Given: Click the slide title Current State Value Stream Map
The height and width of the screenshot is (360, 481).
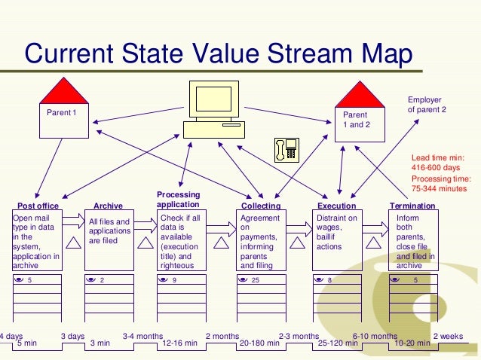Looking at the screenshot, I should tap(219, 53).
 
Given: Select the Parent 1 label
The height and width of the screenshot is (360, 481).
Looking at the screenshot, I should tap(62, 113).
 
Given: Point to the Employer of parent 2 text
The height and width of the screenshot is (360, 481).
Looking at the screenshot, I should tap(427, 105).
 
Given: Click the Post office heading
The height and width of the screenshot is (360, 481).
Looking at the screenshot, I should tap(38, 206).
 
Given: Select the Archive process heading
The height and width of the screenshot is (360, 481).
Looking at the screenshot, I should tap(108, 206).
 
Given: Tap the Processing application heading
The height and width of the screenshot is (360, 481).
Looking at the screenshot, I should tap(178, 200).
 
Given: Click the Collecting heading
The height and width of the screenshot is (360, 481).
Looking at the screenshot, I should tap(261, 206).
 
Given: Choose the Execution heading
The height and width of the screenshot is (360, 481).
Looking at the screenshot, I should tap(337, 206).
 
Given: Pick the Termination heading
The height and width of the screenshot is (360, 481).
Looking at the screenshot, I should tap(412, 206).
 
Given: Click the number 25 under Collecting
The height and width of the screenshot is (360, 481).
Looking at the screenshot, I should tap(256, 280).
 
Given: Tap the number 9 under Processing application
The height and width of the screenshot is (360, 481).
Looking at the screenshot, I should tap(174, 280).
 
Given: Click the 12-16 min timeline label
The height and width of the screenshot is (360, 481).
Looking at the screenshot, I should tap(180, 343).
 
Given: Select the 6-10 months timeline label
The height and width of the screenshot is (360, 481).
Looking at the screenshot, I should tap(375, 336).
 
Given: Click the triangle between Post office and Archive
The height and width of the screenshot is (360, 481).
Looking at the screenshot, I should tap(73, 242).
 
